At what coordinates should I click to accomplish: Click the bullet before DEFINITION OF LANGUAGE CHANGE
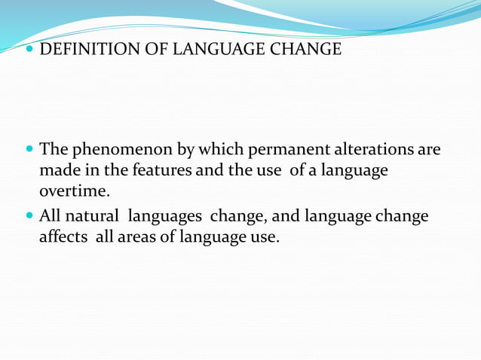click(x=29, y=50)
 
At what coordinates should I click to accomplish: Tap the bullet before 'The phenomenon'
click(x=29, y=149)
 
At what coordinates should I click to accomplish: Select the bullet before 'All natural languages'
click(x=29, y=217)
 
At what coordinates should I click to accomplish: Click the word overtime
click(x=75, y=193)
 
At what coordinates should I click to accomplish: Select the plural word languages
click(x=164, y=217)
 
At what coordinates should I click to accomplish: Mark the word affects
click(x=64, y=239)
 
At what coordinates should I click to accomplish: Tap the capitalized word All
click(x=50, y=217)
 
